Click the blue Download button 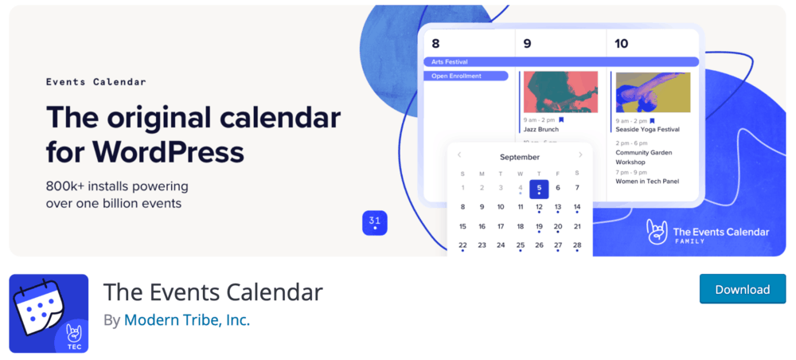pyautogui.click(x=742, y=289)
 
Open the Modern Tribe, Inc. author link pyautogui.click(x=187, y=320)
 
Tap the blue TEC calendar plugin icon pyautogui.click(x=49, y=313)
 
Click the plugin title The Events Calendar pyautogui.click(x=213, y=292)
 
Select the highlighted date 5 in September pyautogui.click(x=539, y=188)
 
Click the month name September pyautogui.click(x=519, y=157)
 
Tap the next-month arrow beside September pyautogui.click(x=580, y=155)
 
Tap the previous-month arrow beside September pyautogui.click(x=459, y=155)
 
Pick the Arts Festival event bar pyautogui.click(x=560, y=61)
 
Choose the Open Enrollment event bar pyautogui.click(x=466, y=76)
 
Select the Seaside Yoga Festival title pyautogui.click(x=647, y=129)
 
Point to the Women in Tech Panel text pyautogui.click(x=647, y=181)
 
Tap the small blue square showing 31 pyautogui.click(x=374, y=223)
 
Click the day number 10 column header pyautogui.click(x=622, y=43)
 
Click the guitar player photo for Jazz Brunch pyautogui.click(x=560, y=92)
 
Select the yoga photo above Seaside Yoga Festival pyautogui.click(x=653, y=92)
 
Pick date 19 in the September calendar pyautogui.click(x=539, y=226)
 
